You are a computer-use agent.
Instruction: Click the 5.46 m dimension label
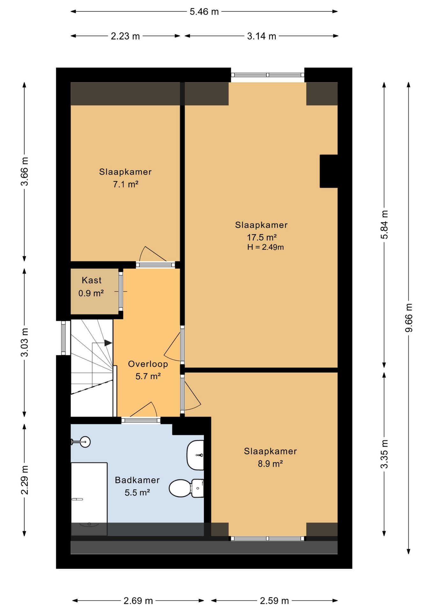coord(204,12)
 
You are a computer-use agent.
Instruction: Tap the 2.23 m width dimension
coord(125,36)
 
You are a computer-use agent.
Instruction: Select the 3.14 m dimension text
coord(261,36)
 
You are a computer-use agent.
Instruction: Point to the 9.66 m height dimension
coord(409,317)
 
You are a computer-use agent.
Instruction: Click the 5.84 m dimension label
coord(385,225)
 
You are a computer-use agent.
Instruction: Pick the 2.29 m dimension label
coord(25,480)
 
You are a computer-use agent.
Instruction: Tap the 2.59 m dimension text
coord(274,601)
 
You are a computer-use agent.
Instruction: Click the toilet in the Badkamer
coord(186,488)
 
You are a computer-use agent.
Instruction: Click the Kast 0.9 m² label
coord(92,287)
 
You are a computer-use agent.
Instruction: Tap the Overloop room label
coord(148,364)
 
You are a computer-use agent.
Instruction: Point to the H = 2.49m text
coord(265,247)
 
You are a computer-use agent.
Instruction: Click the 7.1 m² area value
coord(126,184)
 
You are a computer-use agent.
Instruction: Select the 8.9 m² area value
coord(270,463)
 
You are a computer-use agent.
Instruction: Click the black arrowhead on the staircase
coord(108,343)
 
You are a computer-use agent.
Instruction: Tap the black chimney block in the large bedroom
coord(329,171)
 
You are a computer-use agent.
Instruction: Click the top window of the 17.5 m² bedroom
coord(268,75)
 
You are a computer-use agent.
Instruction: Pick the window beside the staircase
coord(63,338)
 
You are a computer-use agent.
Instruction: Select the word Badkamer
coord(137,480)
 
